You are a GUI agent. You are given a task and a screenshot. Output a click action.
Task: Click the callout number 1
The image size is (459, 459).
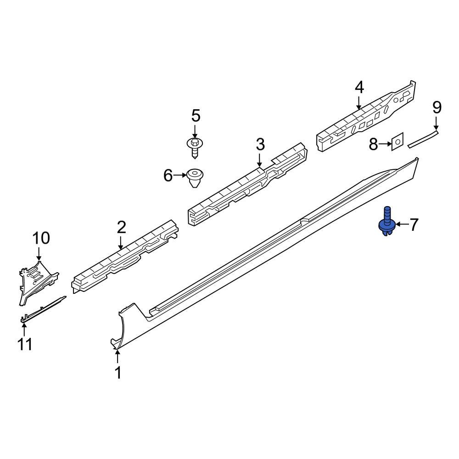[118, 373]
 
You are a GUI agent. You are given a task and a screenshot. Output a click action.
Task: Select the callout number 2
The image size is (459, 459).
[121, 227]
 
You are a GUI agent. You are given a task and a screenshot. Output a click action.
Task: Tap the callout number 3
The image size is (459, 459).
[260, 145]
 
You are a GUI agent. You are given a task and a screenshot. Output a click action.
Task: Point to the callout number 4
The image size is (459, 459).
[359, 87]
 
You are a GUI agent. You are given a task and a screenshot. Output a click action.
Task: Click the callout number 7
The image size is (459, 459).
[414, 224]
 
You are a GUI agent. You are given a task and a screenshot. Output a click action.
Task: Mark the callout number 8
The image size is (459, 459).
[373, 145]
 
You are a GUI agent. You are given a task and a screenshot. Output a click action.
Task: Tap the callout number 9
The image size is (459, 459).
[437, 108]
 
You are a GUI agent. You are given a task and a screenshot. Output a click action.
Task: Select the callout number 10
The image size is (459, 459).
[40, 238]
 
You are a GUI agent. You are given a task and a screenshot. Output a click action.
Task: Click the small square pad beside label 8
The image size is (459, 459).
[397, 142]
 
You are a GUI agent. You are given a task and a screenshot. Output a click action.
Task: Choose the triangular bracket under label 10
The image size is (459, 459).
[37, 280]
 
